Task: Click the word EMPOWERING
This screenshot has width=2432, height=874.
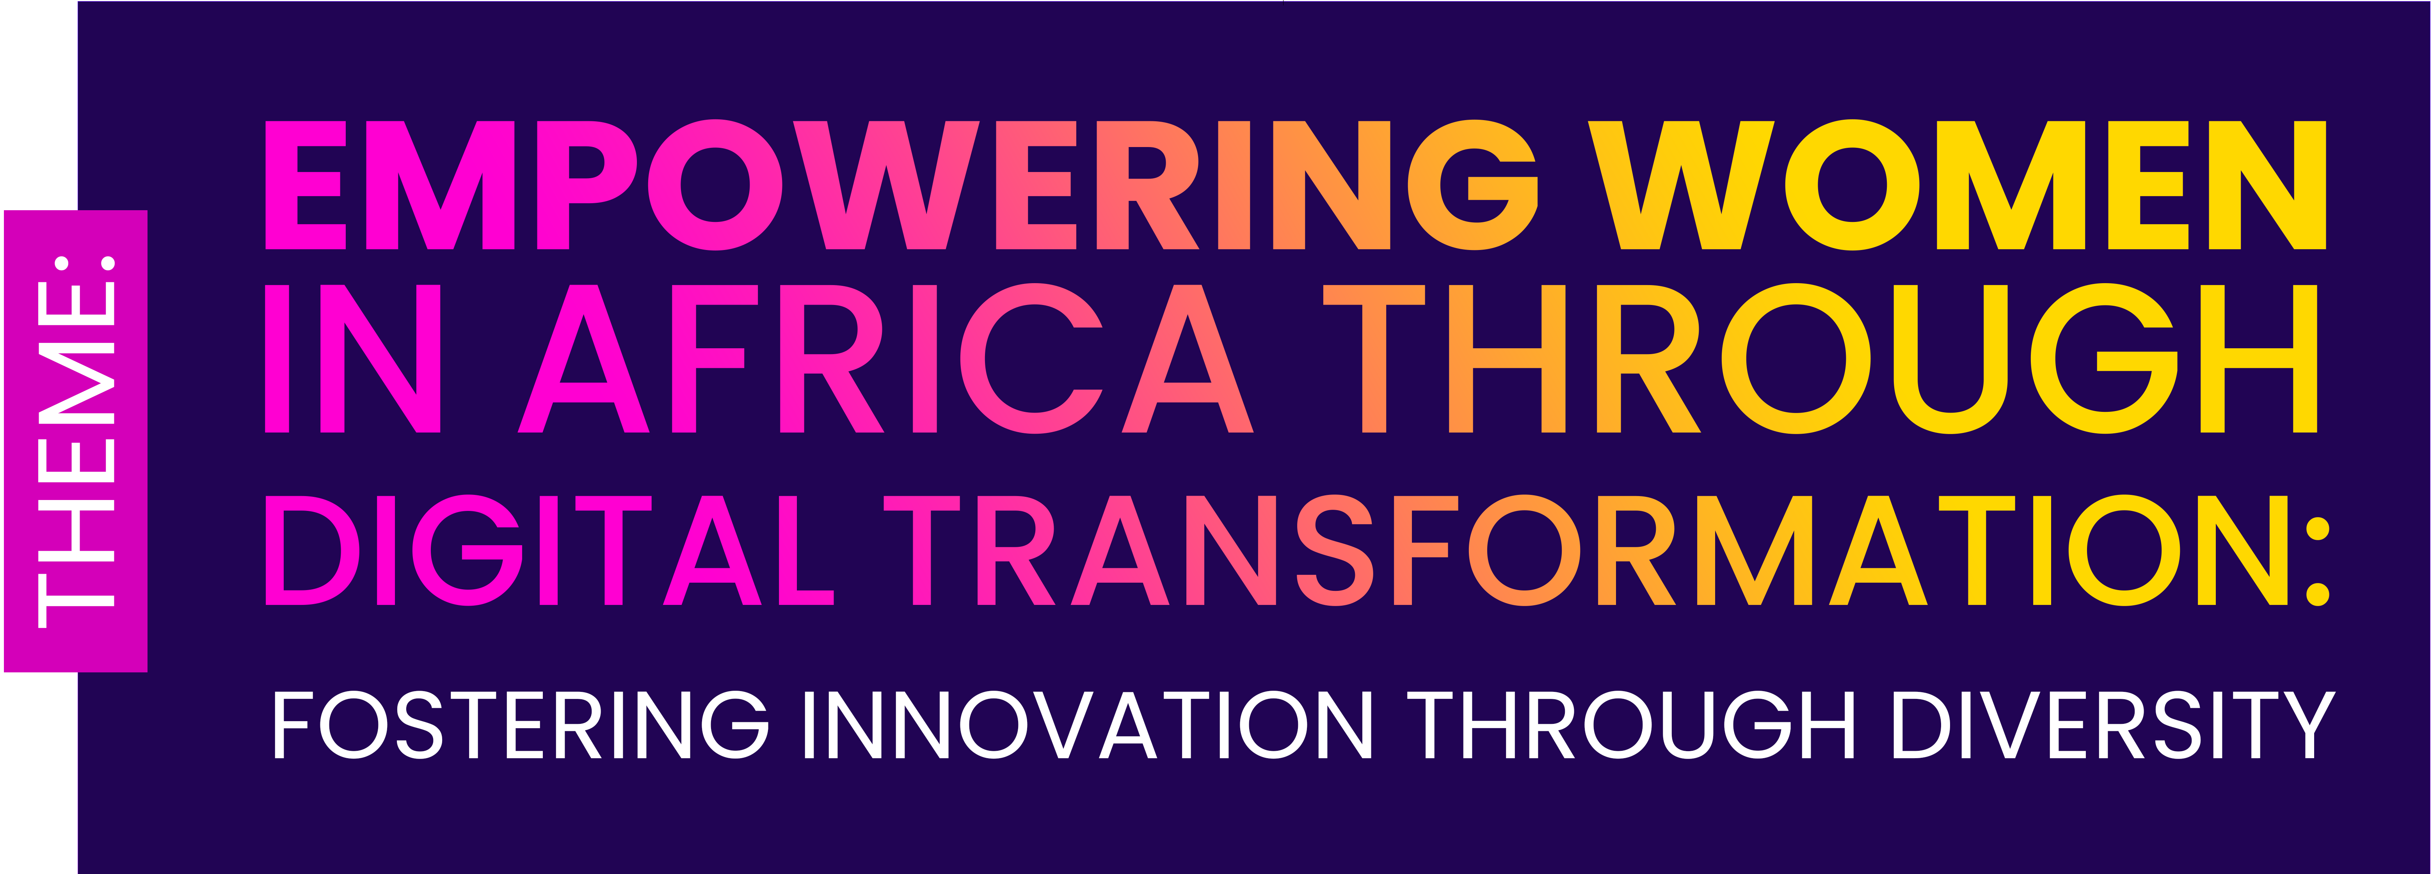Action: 901,185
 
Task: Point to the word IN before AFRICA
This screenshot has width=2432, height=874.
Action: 352,359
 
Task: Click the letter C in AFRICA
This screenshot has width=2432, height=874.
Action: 1032,359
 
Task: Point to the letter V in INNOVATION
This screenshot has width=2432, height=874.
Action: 1064,724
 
